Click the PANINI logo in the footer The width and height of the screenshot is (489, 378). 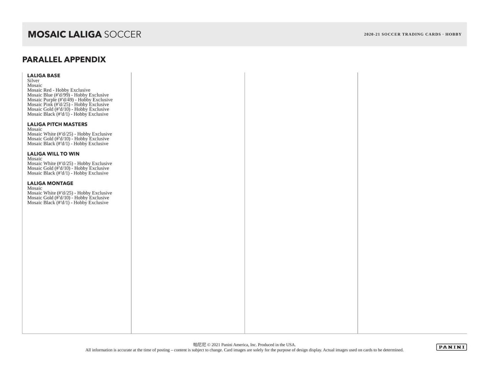(451, 347)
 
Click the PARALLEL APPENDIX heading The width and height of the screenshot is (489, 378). (64, 60)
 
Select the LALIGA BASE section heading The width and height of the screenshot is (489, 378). (44, 75)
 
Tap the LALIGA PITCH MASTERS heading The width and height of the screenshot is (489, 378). (57, 124)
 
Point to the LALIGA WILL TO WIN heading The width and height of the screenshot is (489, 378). (53, 154)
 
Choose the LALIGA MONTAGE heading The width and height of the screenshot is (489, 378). (50, 183)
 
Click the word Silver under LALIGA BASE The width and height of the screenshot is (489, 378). (33, 81)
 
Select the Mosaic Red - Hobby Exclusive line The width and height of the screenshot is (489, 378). (59, 90)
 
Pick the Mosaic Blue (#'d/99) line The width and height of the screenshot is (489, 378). (68, 95)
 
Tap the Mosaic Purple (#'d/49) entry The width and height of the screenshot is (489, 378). (70, 100)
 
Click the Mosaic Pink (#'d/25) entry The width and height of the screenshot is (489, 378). (68, 105)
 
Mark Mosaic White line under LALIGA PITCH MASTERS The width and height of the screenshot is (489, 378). (69, 134)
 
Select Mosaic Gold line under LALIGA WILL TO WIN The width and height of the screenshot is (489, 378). (68, 168)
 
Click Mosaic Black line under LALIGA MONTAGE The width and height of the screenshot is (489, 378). (68, 203)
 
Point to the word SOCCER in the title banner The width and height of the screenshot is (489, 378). (123, 34)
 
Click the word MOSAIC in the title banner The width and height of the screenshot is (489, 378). (47, 34)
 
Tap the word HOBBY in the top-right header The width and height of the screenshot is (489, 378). (453, 34)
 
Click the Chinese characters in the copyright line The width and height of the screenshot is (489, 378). (199, 345)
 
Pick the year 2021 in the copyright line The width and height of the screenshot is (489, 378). (216, 345)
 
